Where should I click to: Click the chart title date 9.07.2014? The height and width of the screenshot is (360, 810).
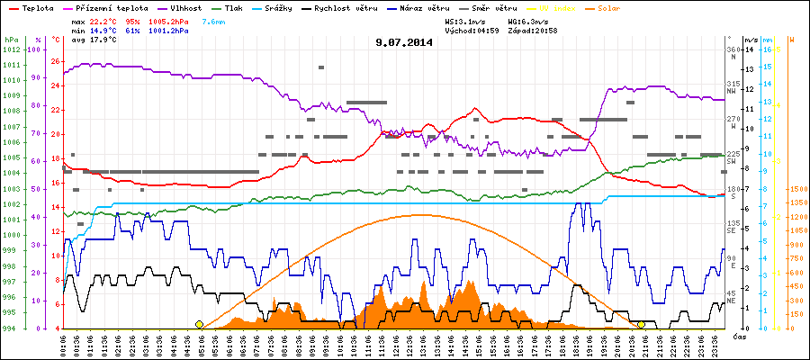pos(404,41)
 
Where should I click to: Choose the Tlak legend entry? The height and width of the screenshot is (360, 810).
pos(238,7)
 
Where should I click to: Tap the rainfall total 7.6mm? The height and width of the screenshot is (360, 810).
pos(214,20)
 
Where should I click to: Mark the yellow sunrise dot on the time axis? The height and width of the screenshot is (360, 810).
pos(199,324)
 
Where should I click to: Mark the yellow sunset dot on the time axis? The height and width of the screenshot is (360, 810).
pos(641,324)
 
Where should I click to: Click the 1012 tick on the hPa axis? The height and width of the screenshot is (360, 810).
pos(13,49)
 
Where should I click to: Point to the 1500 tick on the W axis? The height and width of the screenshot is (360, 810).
pos(796,190)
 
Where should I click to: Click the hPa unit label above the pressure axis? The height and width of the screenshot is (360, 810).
pos(11,40)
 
